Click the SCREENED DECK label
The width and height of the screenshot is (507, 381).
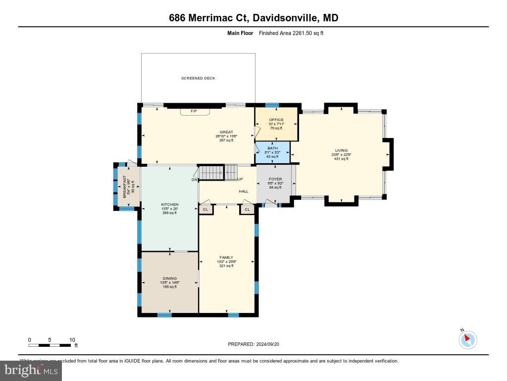[198, 78]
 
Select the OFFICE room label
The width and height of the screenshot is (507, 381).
[276, 120]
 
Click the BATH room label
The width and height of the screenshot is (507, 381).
[273, 148]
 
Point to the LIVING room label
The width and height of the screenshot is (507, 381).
[341, 150]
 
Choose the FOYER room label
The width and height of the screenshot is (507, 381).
[275, 179]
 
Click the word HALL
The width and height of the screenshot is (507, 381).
[244, 191]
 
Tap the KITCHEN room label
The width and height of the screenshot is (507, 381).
[169, 204]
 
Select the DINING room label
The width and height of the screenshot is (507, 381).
[169, 278]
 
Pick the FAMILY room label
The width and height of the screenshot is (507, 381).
[226, 257]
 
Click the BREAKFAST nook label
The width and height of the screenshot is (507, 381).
[124, 187]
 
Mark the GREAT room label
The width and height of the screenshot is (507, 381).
[226, 132]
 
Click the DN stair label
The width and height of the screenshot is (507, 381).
[195, 180]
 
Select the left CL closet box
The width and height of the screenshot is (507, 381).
[205, 210]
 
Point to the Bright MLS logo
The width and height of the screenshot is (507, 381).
[31, 370]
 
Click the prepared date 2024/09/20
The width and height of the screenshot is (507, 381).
[270, 344]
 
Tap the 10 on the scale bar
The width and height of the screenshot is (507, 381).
[72, 340]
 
